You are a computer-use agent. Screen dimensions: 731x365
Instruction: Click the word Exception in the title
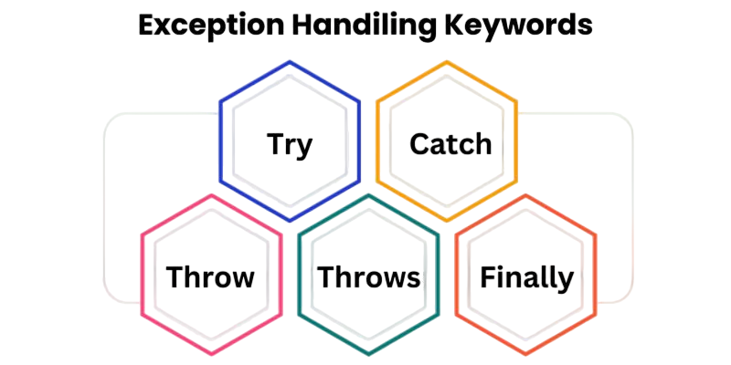coord(211,26)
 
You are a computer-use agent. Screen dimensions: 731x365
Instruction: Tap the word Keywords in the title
coord(518,26)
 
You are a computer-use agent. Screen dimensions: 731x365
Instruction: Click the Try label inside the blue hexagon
coord(290,146)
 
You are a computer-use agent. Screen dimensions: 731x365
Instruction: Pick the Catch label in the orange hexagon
coord(450,144)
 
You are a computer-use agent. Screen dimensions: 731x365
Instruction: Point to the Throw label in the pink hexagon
coord(210,277)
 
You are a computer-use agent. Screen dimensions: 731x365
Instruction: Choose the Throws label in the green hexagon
coord(369,277)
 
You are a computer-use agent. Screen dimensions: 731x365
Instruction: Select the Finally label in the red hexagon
coord(526,278)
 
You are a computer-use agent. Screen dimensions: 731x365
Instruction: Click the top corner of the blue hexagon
coord(290,61)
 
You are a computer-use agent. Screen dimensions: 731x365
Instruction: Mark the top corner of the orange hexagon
coord(447,61)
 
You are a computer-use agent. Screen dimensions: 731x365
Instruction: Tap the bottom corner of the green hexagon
coord(368,355)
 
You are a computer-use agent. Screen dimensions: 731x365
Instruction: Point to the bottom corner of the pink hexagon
coord(211,355)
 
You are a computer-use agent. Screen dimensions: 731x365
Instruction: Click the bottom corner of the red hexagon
coord(526,355)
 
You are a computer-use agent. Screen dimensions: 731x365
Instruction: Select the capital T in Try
coord(276,144)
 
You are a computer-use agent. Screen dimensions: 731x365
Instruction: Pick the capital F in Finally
coord(488,277)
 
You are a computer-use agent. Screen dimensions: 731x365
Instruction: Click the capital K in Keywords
coord(454,26)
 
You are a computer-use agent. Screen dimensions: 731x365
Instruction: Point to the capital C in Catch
coord(419,144)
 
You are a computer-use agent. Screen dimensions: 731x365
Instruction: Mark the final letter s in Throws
coord(414,280)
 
